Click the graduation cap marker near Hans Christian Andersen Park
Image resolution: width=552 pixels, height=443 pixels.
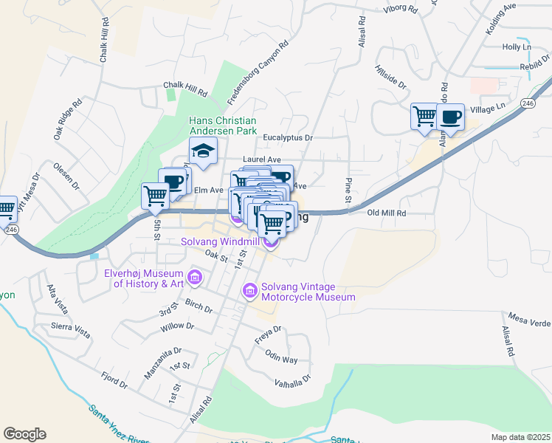click(203, 151)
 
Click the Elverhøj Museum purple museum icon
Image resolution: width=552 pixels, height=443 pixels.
click(196, 278)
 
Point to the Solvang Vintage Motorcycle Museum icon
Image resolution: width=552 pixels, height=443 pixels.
click(250, 292)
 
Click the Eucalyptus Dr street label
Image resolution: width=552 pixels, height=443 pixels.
click(289, 137)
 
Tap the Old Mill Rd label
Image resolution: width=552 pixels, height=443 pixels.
click(387, 213)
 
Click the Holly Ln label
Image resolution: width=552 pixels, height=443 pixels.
click(516, 47)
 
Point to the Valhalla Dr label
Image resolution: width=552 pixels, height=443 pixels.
click(293, 380)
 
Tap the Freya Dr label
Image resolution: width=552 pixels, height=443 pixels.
click(268, 329)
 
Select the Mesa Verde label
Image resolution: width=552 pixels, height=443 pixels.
click(531, 321)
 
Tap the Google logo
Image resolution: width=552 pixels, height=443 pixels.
click(24, 434)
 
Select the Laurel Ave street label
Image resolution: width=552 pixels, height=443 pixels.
click(262, 159)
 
